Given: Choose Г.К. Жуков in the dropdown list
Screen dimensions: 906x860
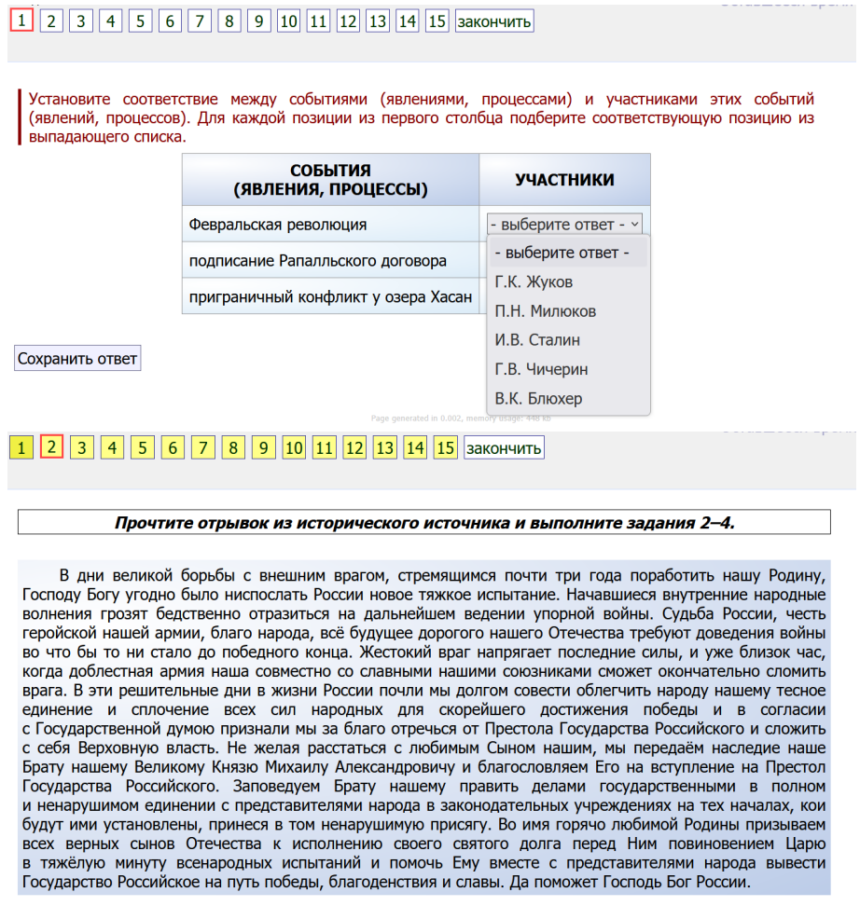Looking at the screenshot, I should pos(534,282).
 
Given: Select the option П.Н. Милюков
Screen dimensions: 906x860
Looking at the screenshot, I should pos(546,311).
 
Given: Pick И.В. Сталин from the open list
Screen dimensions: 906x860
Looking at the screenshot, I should pos(537,340).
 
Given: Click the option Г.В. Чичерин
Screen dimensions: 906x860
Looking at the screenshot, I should pos(542,369).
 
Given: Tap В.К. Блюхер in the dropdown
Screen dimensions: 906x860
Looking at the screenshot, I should pos(539,399).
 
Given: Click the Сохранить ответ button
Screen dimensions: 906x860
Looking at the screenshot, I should pos(77,358).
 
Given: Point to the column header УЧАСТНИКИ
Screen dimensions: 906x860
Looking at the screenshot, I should pos(564,180).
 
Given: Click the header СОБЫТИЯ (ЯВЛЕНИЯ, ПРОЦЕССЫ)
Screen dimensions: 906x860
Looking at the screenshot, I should pos(330,180).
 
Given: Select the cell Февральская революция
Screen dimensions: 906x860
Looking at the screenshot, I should pos(278,225).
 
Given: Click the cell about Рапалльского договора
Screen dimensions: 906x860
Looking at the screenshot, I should pos(318,261).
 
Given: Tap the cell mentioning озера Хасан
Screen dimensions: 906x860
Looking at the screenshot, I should pos(327,297).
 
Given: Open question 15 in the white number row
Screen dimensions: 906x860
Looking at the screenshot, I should pos(437,21).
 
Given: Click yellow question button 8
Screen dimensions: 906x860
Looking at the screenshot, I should pos(233,448).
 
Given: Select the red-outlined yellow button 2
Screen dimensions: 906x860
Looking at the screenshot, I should pos(52,447).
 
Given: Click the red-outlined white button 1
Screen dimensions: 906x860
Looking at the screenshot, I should pos(22,20).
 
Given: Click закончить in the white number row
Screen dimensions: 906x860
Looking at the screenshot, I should pos(494,21).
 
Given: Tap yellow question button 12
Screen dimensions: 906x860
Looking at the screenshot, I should pos(354,448).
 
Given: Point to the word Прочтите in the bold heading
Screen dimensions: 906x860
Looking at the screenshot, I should pos(153,522).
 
